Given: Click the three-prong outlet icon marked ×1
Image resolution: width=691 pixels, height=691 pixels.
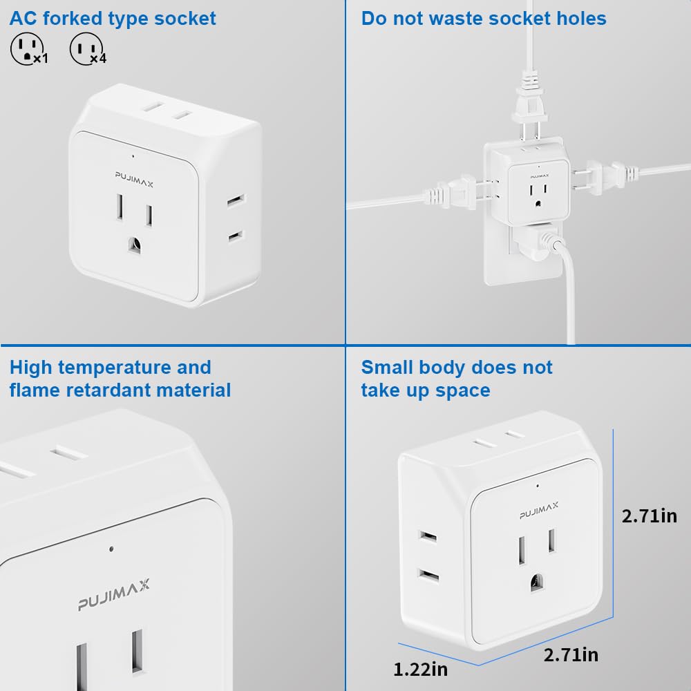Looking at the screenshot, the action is click(26, 48).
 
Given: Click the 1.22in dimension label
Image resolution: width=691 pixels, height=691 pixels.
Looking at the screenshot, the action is click(420, 670).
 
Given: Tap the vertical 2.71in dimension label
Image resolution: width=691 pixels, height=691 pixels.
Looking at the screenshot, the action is click(649, 516).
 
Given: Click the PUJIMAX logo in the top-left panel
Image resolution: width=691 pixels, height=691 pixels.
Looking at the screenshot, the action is click(134, 180).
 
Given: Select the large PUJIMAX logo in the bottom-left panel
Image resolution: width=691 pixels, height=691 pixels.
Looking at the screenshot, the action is click(114, 595).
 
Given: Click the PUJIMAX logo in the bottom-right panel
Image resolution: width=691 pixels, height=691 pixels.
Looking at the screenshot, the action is click(538, 511).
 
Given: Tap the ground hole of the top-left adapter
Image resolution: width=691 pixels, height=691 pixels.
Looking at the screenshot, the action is click(135, 245).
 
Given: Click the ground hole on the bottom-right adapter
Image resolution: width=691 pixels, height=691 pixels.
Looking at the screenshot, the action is click(536, 583).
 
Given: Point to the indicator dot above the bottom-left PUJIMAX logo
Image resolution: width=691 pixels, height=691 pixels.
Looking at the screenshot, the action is click(111, 549).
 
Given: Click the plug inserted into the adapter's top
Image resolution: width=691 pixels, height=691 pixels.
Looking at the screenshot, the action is click(530, 108).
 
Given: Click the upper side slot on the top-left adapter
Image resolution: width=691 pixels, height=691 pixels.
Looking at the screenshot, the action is click(236, 200).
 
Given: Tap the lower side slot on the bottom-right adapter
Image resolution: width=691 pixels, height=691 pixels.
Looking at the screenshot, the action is click(428, 576).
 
